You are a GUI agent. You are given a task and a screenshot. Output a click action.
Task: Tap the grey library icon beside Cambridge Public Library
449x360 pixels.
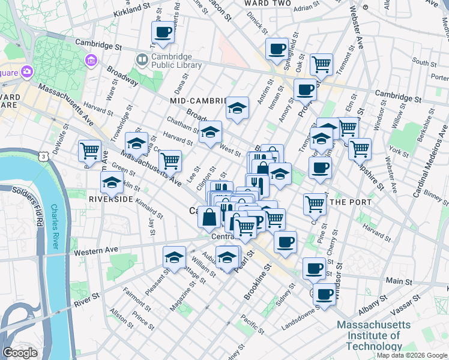coord(142,59)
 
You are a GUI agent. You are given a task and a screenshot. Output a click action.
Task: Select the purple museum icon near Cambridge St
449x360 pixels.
coord(91,60)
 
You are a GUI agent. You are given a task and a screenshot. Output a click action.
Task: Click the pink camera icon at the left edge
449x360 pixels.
coord(27,72)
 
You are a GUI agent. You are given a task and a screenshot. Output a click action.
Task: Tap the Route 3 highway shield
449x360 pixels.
coord(43,156)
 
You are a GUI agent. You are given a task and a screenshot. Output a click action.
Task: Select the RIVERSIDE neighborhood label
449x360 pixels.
coord(110,199)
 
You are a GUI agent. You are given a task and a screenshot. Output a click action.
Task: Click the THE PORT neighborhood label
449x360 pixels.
coord(351,202)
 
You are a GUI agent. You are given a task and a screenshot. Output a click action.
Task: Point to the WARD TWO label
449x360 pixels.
coord(268,4)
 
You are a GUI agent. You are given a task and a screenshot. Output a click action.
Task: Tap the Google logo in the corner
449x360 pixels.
coord(20,352)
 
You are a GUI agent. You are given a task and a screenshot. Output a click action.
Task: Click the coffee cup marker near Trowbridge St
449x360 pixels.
coord(163,32)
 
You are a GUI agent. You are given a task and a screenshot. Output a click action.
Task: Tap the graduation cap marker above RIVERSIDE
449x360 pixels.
coord(112,182)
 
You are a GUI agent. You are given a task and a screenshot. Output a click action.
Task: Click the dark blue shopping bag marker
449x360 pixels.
coord(209,217)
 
